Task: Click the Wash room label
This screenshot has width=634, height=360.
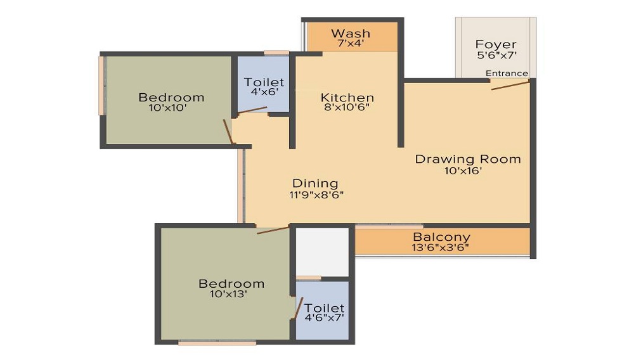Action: point(351,33)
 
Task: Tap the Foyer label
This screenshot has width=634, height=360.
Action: point(496,44)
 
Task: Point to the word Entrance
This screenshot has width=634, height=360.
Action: point(507,74)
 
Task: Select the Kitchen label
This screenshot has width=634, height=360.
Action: point(347,98)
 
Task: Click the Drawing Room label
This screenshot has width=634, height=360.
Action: point(468,158)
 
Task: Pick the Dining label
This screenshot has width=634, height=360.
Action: point(315,184)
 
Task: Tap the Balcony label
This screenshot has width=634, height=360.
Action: point(442,238)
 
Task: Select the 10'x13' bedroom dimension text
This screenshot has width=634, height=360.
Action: point(231,294)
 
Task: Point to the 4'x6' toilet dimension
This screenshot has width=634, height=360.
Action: point(264,93)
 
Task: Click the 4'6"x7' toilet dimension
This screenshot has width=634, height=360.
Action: point(324,318)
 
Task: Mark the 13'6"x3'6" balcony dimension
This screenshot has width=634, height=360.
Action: point(442,248)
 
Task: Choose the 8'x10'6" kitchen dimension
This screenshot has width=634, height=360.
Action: point(347,108)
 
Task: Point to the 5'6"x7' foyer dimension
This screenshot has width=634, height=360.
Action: point(496,55)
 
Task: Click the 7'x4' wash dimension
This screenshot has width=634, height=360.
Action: point(351,44)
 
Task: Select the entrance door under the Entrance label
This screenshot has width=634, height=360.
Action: point(510,84)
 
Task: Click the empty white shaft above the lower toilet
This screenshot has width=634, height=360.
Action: point(323,252)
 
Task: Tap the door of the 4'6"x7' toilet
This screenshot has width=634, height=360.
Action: point(297,308)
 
